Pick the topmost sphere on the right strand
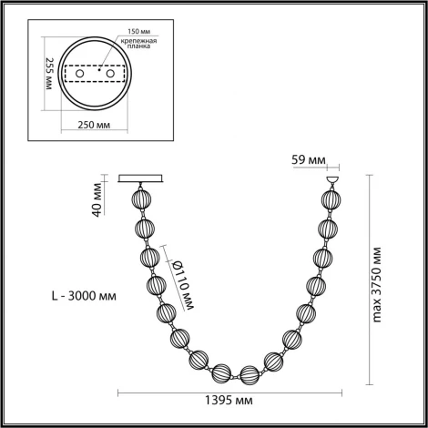click(x=328, y=199)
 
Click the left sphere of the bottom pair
click(x=220, y=373)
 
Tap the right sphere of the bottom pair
click(x=249, y=373)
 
